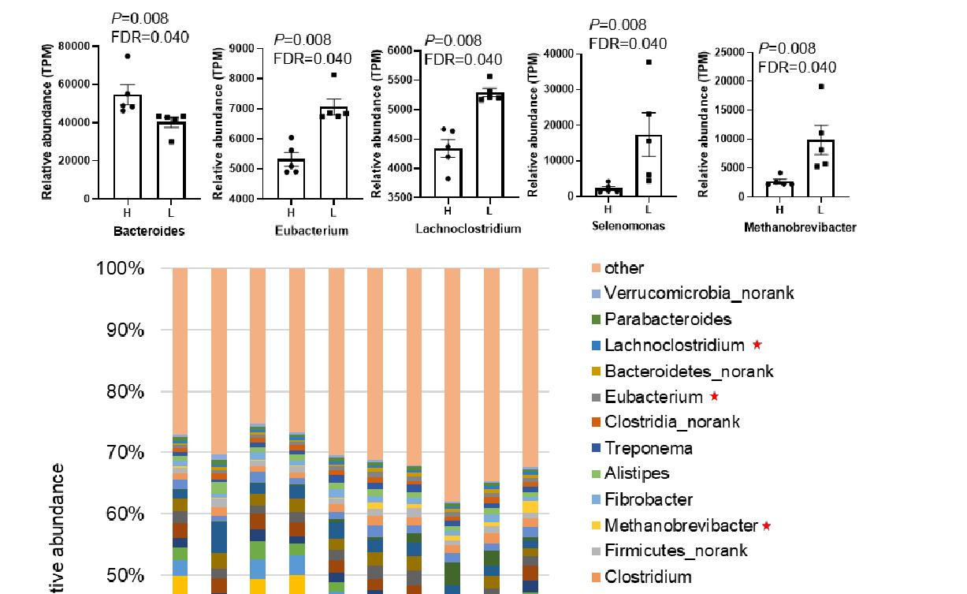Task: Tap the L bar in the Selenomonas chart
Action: click(648, 166)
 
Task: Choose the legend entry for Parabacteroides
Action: click(668, 319)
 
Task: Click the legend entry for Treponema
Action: click(649, 449)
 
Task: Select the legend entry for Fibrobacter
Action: click(649, 499)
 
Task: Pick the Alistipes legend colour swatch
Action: click(597, 474)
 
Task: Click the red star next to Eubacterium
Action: click(714, 397)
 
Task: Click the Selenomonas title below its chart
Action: click(628, 226)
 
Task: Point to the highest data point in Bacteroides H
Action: click(127, 56)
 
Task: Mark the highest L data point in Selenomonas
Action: click(649, 62)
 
